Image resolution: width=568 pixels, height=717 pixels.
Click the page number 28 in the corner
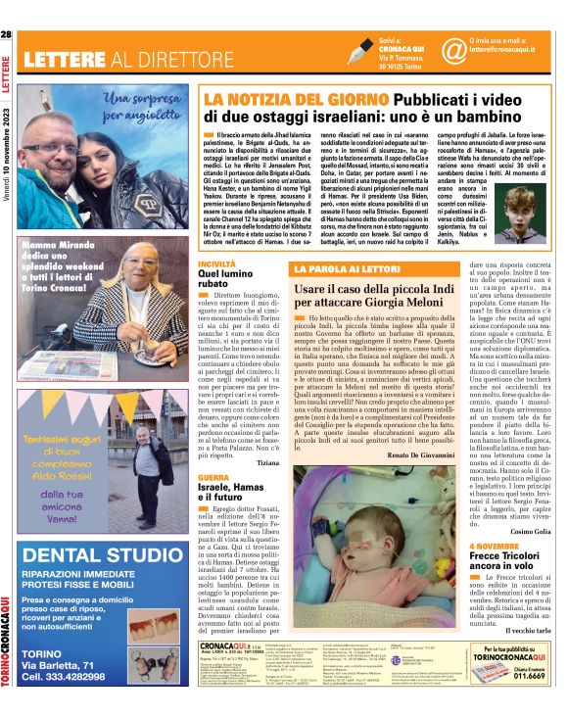click(x=7, y=35)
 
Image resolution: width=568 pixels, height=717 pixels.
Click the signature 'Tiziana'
click(x=267, y=487)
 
